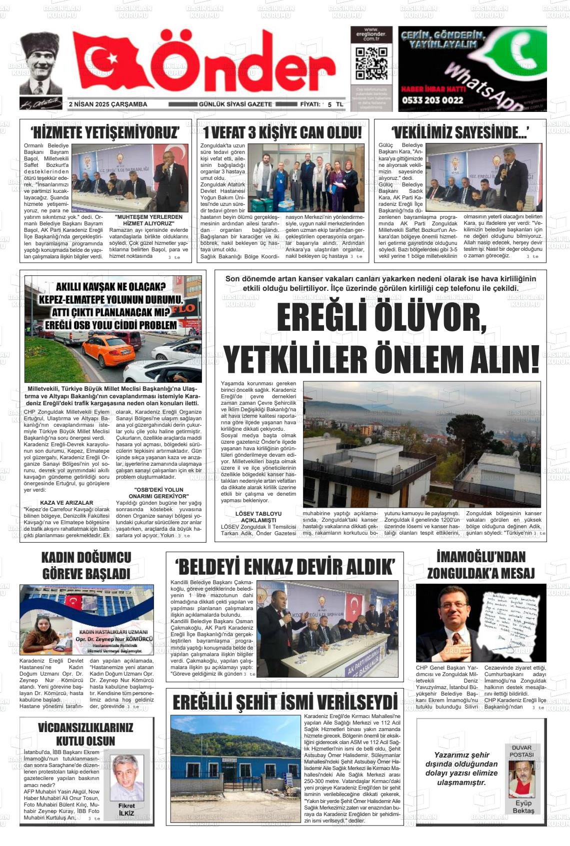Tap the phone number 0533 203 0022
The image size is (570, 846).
click(432, 100)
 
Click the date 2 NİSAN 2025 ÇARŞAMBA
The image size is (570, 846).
click(108, 104)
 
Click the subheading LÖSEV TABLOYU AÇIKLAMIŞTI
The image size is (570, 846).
click(258, 517)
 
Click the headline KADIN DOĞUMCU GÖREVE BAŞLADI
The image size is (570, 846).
click(86, 565)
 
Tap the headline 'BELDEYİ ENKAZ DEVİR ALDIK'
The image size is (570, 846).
click(284, 567)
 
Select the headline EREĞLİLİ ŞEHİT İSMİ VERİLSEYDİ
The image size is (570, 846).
click(284, 702)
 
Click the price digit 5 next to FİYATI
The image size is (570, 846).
click(329, 104)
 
